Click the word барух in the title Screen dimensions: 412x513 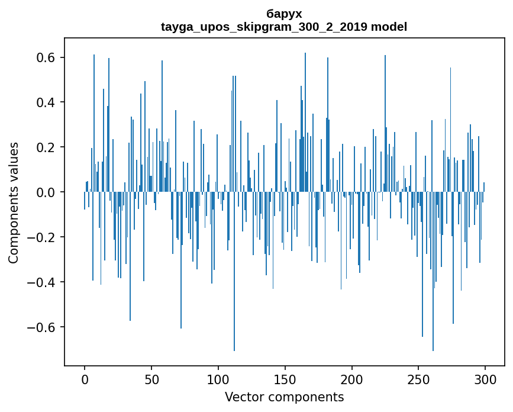click(x=284, y=14)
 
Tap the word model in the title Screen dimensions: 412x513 click(x=389, y=27)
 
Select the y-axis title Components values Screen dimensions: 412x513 click(x=14, y=202)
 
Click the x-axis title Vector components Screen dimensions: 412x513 click(x=284, y=397)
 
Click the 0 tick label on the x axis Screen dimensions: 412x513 click(x=85, y=378)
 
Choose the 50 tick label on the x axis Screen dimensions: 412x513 click(x=151, y=378)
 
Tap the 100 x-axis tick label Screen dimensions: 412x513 click(x=218, y=378)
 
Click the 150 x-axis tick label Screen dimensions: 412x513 click(x=285, y=378)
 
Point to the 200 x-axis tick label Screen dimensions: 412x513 click(x=352, y=378)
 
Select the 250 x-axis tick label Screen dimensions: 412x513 click(x=419, y=378)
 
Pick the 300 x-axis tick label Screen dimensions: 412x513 click(x=486, y=378)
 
